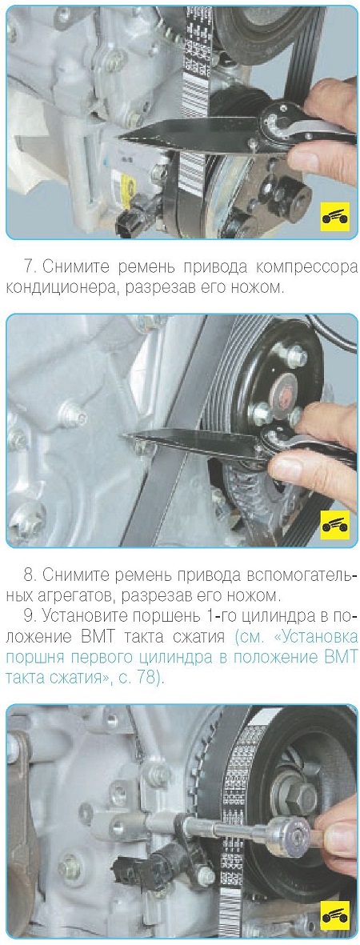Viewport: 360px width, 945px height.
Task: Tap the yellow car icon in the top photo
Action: [x=334, y=216]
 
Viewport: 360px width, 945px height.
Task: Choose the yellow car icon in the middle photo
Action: [x=334, y=527]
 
